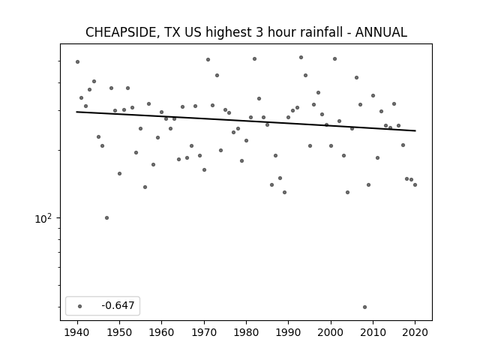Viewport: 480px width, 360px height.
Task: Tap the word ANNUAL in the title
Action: coord(381,32)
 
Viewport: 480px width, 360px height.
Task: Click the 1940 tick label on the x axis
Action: coord(77,332)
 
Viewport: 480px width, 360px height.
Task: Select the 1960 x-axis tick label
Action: coord(161,332)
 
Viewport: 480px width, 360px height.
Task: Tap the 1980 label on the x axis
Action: coord(246,332)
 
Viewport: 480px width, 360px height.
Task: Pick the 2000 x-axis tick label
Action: coord(331,332)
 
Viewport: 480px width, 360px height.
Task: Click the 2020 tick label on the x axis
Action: coord(415,332)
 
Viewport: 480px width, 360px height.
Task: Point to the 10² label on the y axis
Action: coord(43,218)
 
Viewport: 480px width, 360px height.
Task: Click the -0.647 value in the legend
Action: coord(118,305)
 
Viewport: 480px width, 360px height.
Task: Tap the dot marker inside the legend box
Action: coord(80,306)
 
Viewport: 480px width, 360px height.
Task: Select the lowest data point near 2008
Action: coord(364,307)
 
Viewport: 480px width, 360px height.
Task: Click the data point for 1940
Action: coord(77,61)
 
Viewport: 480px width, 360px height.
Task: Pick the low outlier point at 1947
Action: coord(106,218)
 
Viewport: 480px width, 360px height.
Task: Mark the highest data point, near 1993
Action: coord(301,57)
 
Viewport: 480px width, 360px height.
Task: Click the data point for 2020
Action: coord(415,185)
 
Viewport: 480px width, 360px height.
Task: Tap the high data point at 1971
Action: coord(208,59)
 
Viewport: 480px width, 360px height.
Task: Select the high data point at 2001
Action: coord(335,58)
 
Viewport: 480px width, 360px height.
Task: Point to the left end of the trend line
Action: coord(76,112)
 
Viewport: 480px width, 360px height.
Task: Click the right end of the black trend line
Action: coord(415,130)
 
